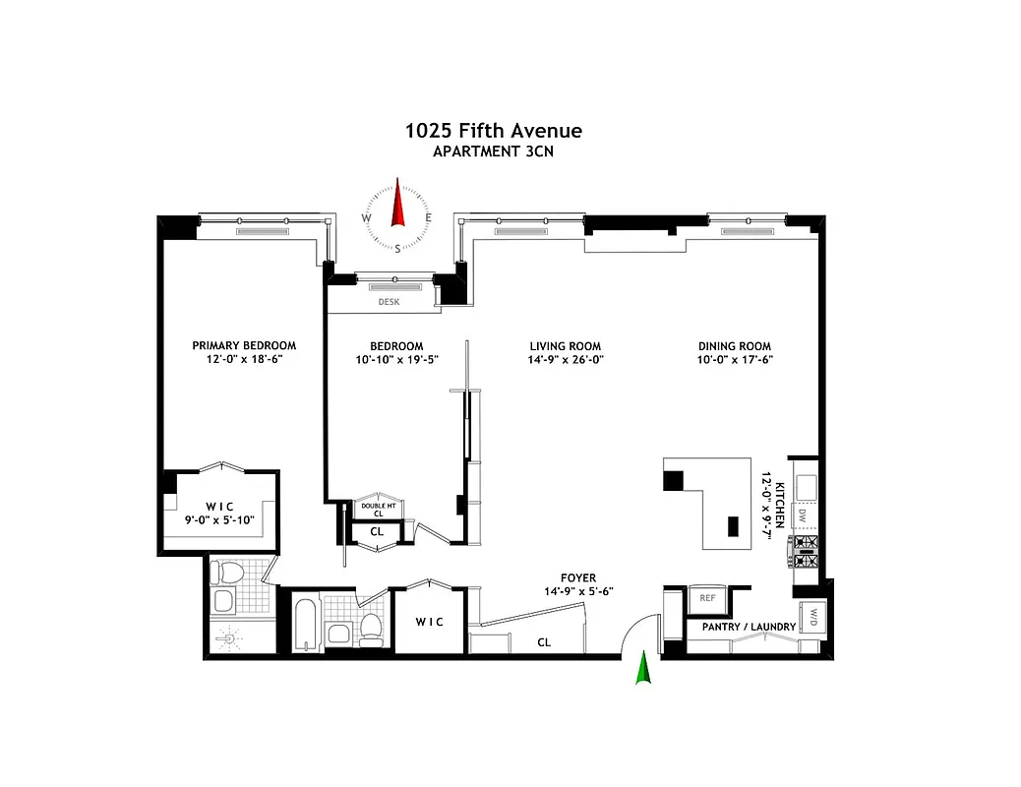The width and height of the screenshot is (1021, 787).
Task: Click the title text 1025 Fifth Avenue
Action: [x=494, y=131]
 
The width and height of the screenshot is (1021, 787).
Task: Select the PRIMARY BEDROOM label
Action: [x=244, y=345]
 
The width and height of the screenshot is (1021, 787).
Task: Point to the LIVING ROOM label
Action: [x=565, y=346]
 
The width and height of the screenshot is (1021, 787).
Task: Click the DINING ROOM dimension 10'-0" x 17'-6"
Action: [x=735, y=360]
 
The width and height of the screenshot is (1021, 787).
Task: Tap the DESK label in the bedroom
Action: [x=389, y=302]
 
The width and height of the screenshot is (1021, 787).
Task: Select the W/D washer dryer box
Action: [x=813, y=617]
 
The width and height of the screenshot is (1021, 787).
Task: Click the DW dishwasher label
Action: [x=803, y=515]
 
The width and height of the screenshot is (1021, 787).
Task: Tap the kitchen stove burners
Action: [x=807, y=550]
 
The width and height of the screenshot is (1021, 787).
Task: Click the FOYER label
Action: [x=577, y=578]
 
